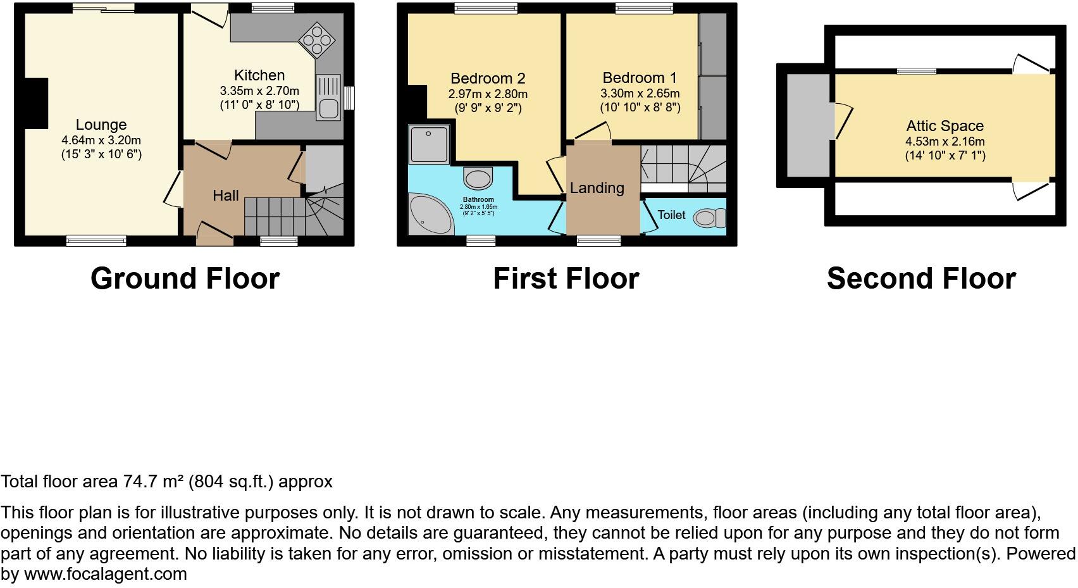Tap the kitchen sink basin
[x=328, y=108]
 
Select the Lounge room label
[x=101, y=125]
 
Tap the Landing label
[x=597, y=188]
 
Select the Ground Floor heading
[x=185, y=278]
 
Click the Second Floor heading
[x=920, y=278]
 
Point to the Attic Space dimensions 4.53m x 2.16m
[x=945, y=142]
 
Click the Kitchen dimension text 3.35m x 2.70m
[x=259, y=91]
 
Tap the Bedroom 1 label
[x=639, y=78]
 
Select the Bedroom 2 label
[x=488, y=78]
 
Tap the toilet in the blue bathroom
[x=478, y=178]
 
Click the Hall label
[x=225, y=196]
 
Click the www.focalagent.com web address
[x=106, y=574]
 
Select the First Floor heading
[x=566, y=278]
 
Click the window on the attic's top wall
[x=916, y=71]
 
